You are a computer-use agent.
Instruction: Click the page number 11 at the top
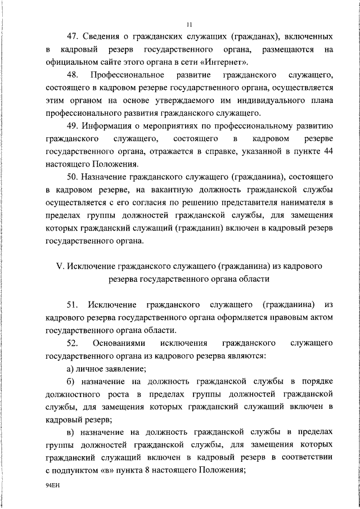pyautogui.click(x=188, y=24)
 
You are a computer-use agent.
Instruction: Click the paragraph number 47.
pyautogui.click(x=72, y=38)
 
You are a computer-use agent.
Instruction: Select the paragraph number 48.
pyautogui.click(x=72, y=75)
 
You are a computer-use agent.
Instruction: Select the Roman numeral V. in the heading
pyautogui.click(x=59, y=265)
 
